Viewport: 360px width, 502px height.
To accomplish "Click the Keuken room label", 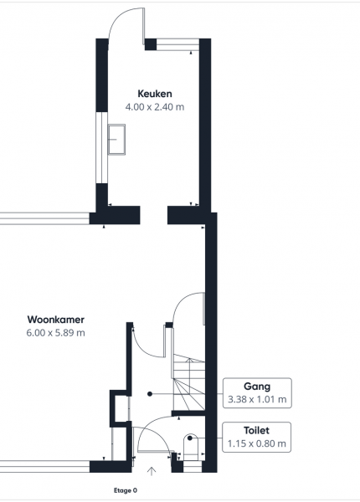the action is [x=155, y=94].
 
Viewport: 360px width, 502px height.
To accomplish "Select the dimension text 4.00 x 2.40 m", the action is [x=155, y=107].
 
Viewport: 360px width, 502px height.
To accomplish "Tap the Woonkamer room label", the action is [x=56, y=320].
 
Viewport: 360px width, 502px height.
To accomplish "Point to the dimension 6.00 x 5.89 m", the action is [x=56, y=333].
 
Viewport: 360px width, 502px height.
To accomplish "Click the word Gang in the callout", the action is [x=257, y=386].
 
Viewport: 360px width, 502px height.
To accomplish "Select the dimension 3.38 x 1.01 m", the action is [x=257, y=399].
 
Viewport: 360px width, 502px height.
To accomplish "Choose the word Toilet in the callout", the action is [x=256, y=430].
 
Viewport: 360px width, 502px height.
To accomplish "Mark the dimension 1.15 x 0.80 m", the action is [x=256, y=443].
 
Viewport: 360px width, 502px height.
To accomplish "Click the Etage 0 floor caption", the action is [x=126, y=490].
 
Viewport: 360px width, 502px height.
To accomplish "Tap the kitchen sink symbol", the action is [x=116, y=140].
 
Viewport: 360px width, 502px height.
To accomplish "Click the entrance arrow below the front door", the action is [x=152, y=471].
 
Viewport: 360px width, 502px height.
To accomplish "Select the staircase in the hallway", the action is [x=189, y=383].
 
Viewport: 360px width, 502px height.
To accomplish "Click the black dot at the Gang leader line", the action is [x=150, y=394].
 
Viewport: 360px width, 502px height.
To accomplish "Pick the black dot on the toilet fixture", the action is [x=190, y=438].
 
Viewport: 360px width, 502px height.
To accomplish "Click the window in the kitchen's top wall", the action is [x=177, y=44].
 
